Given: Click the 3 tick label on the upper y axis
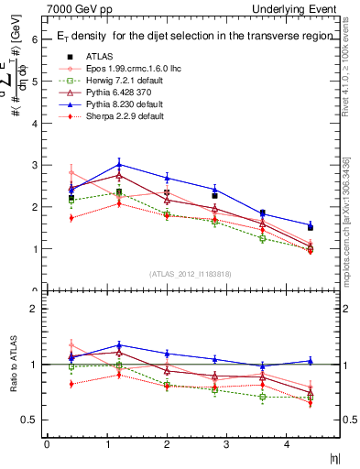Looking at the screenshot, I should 33,166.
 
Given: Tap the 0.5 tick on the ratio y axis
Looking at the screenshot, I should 30,420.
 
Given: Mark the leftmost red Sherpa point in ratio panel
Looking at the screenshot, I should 71,384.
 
